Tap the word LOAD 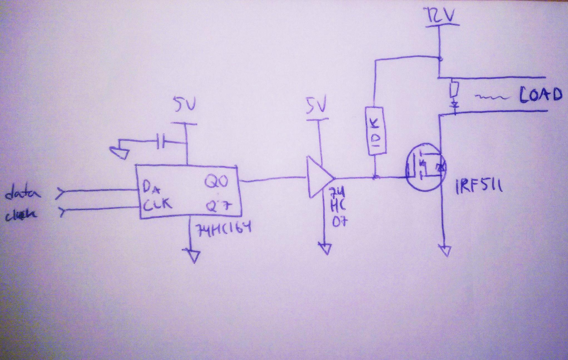(x=540, y=95)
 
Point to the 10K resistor (x=377, y=131)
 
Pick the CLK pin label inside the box (x=157, y=205)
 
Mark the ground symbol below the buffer (x=324, y=248)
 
